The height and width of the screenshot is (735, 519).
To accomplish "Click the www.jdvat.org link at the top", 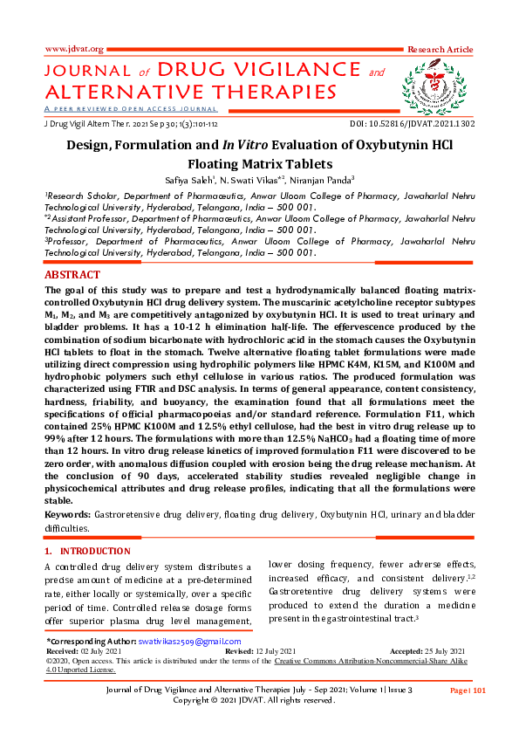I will (x=74, y=49).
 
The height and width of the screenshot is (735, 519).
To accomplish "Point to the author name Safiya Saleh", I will (x=202, y=180).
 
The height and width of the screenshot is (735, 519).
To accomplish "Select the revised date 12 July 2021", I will (x=274, y=651).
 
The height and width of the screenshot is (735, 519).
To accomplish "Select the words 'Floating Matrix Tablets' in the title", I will (x=259, y=163).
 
